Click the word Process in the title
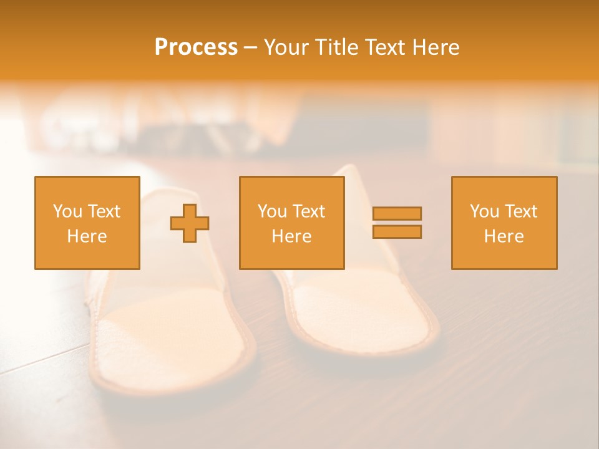pyautogui.click(x=196, y=47)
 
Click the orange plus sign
pyautogui.click(x=190, y=223)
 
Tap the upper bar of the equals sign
pyautogui.click(x=397, y=213)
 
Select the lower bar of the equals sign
pyautogui.click(x=397, y=231)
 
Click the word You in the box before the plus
pyautogui.click(x=66, y=211)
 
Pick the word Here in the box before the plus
pyautogui.click(x=87, y=236)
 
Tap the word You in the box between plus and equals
pyautogui.click(x=271, y=211)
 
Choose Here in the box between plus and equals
pyautogui.click(x=291, y=236)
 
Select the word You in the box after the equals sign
pyautogui.click(x=484, y=211)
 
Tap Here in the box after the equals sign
pyautogui.click(x=504, y=236)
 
